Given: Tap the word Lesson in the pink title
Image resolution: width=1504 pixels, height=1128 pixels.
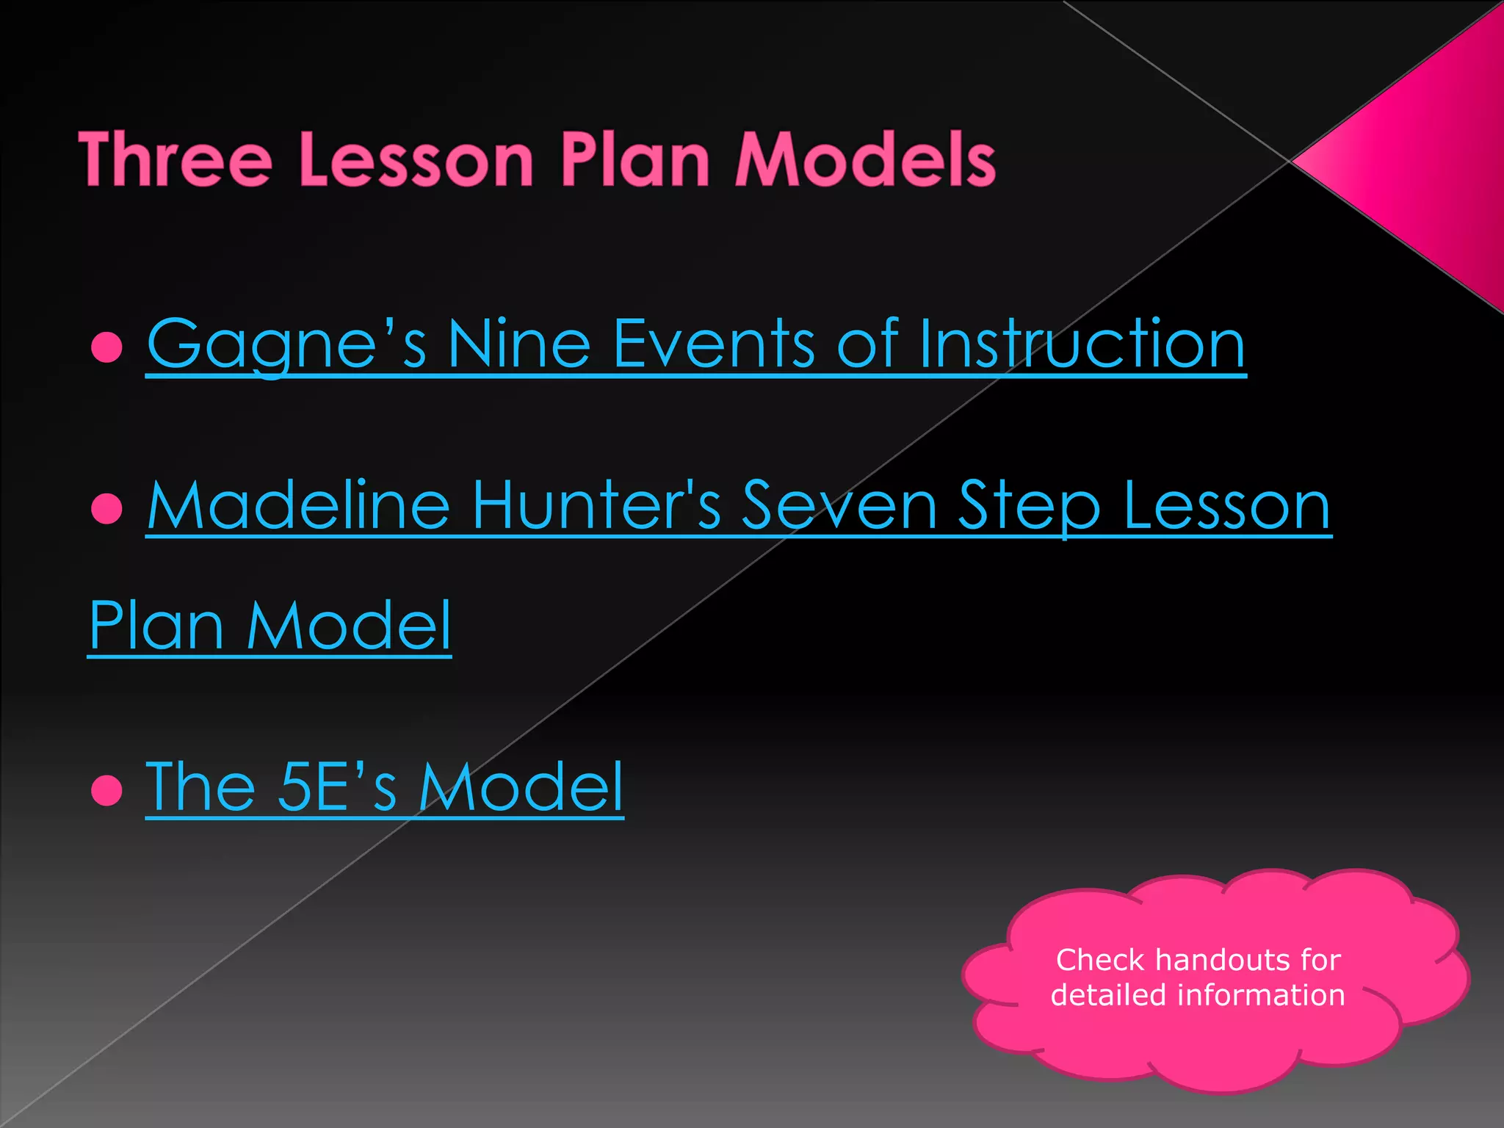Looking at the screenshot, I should pyautogui.click(x=416, y=159).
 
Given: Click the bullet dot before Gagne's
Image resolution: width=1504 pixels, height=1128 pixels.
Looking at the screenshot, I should pyautogui.click(x=107, y=347).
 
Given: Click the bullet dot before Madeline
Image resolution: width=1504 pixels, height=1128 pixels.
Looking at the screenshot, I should pyautogui.click(x=107, y=508).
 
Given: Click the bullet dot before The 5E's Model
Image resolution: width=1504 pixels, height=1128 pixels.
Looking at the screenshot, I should pyautogui.click(x=107, y=790).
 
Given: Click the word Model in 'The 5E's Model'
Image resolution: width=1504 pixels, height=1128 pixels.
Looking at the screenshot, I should pyautogui.click(x=521, y=787).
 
